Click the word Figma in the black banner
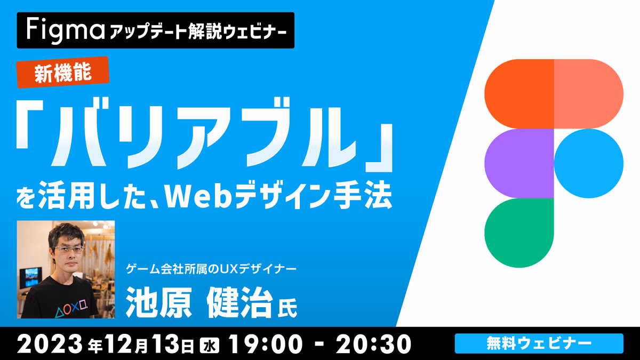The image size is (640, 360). point(66,30)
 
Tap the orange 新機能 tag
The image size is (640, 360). point(63,73)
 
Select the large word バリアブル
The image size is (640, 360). point(204,132)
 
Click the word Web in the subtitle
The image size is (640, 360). point(198,198)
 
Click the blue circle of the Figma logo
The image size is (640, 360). point(589,163)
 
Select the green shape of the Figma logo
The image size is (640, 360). point(519,233)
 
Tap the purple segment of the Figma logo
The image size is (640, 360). point(519,163)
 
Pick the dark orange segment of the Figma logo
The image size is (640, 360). point(519,94)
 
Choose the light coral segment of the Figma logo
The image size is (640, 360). point(589,94)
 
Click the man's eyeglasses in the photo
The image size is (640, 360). point(68,249)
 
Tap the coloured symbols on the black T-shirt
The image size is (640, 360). point(71,307)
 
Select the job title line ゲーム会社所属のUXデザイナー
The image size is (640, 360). point(211,269)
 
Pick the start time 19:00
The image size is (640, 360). point(265,344)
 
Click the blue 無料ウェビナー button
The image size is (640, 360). point(539,343)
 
